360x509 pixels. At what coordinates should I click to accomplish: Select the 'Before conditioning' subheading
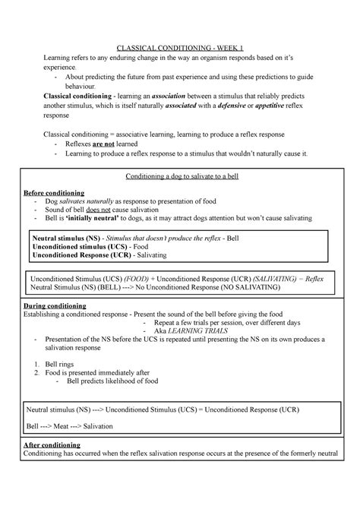coord(55,192)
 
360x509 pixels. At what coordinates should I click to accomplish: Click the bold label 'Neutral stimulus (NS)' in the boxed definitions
coord(66,238)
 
